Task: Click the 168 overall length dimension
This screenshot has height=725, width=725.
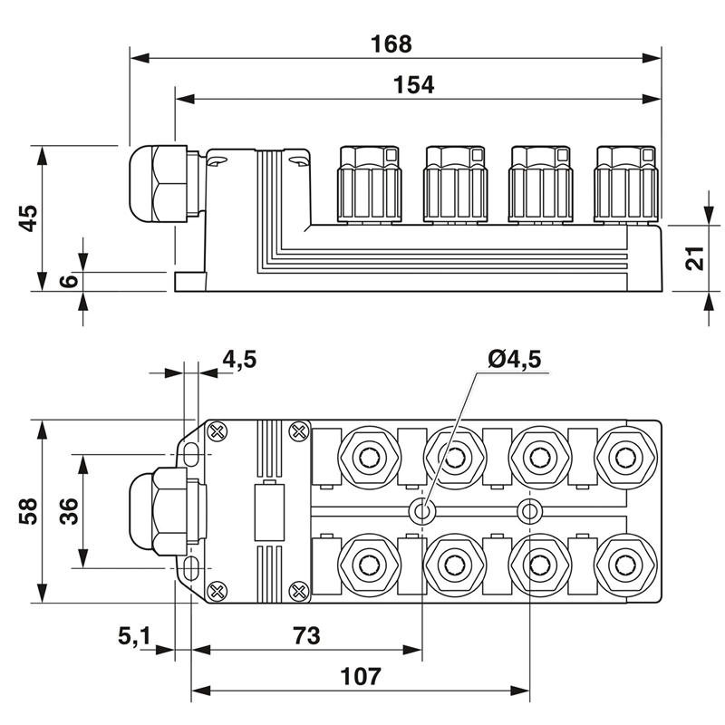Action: [391, 44]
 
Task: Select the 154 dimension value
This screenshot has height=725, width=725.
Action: [413, 85]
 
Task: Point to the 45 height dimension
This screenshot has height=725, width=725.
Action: [28, 217]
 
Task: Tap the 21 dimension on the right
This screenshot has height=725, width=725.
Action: [695, 258]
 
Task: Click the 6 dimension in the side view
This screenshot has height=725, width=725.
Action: [70, 281]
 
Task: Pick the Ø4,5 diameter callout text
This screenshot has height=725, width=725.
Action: [514, 359]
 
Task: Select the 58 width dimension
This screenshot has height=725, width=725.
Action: [28, 511]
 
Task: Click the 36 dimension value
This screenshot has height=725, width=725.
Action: [70, 511]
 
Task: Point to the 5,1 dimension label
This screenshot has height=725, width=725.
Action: [134, 636]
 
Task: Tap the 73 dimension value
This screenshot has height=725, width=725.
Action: [306, 636]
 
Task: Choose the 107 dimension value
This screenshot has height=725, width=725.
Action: [361, 677]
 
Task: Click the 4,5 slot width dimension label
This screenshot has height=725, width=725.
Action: [239, 359]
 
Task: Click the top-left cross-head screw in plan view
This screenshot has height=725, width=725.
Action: [217, 432]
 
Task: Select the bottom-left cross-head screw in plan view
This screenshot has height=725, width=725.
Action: [217, 591]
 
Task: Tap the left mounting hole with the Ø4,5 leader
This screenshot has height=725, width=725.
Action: [421, 511]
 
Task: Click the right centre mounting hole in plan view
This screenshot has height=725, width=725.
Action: [529, 511]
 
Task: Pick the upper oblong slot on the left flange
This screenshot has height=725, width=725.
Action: [190, 454]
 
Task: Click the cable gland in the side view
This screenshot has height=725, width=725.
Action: [159, 184]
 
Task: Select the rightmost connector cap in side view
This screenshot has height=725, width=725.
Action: [626, 184]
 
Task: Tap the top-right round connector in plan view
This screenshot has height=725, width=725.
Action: [625, 458]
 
